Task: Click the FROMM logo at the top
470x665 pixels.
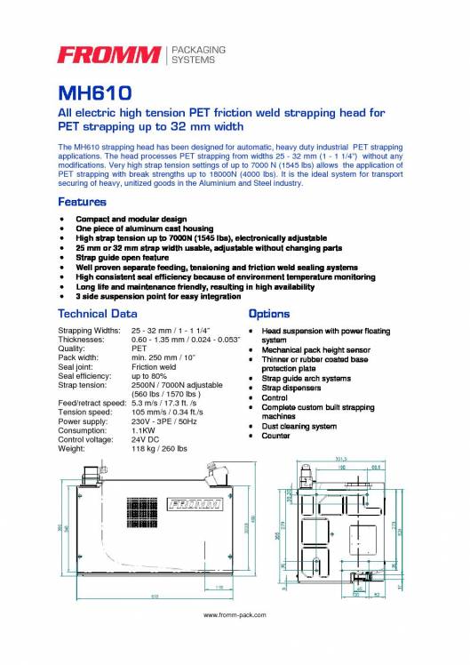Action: tap(109, 55)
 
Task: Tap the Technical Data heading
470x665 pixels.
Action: tap(97, 314)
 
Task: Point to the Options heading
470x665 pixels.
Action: tap(268, 314)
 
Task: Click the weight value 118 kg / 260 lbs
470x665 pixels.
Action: tap(159, 448)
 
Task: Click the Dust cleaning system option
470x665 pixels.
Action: tap(299, 426)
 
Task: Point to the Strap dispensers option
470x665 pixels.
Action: tap(293, 388)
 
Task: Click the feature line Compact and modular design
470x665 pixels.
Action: tap(131, 218)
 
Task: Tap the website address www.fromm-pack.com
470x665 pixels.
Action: tap(235, 614)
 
